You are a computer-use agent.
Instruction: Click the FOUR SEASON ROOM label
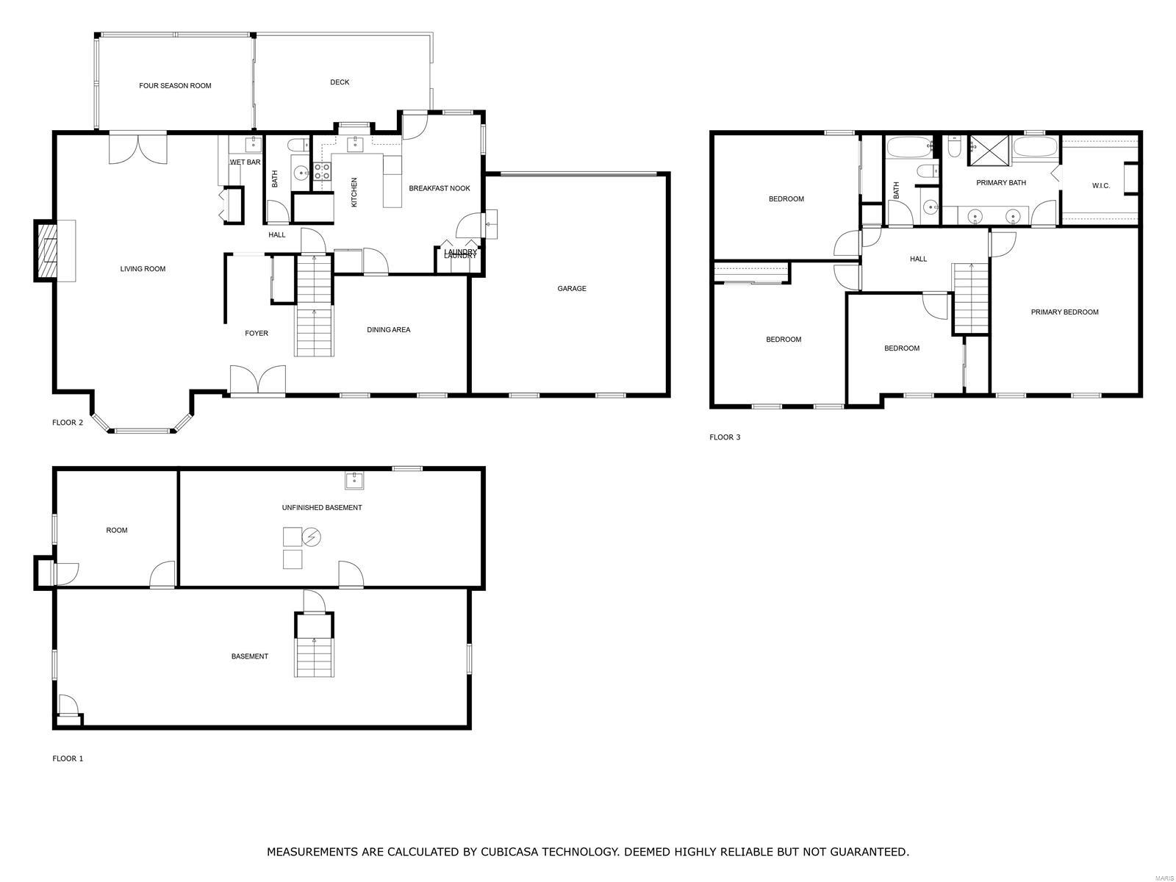(x=175, y=86)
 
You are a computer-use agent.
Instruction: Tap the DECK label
(x=340, y=82)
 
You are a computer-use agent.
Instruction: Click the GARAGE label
(x=571, y=289)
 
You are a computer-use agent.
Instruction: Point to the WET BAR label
(x=245, y=162)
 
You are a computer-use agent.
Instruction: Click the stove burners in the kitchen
(x=322, y=171)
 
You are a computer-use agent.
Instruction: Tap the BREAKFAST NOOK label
(x=439, y=188)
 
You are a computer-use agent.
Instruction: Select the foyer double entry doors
(x=257, y=381)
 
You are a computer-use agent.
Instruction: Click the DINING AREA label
(x=388, y=330)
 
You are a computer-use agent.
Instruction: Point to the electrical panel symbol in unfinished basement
(x=312, y=537)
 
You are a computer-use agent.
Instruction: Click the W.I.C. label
(x=1100, y=186)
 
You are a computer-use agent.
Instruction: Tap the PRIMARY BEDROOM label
(x=1064, y=312)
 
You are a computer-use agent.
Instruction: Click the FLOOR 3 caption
(x=725, y=437)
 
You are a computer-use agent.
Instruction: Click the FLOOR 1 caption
(x=68, y=759)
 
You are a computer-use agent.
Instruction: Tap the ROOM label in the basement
(x=116, y=530)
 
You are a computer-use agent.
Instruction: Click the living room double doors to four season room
(x=138, y=148)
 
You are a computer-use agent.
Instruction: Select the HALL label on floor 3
(x=918, y=259)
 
